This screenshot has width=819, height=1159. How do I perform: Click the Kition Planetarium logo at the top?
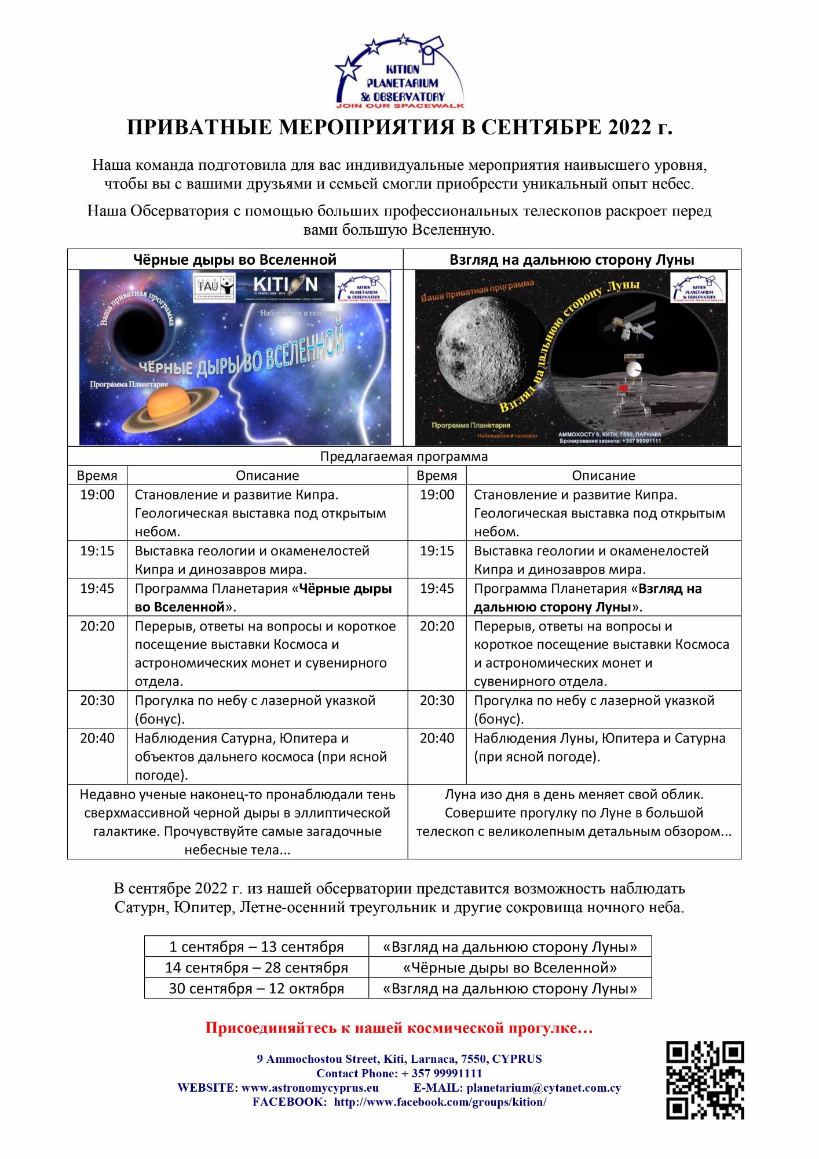coord(400,72)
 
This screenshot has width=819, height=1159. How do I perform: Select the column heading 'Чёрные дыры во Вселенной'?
coord(235,260)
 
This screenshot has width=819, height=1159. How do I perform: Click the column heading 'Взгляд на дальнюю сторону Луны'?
coord(572,260)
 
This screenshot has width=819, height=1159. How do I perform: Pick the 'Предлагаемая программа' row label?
coord(404,456)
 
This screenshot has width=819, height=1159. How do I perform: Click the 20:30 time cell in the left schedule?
coord(97,701)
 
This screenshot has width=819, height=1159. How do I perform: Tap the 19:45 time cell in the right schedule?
coord(437,589)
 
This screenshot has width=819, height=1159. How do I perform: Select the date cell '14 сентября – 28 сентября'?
coord(257,967)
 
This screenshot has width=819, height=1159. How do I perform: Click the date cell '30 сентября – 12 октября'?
coord(257,988)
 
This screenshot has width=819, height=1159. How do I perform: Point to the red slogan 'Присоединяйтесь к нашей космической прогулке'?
coord(399,1028)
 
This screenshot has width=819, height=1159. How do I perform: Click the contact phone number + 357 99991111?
coord(441,1073)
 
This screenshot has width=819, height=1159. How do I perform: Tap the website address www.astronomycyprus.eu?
coord(310,1088)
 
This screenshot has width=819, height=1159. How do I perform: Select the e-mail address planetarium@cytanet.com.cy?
coord(543,1088)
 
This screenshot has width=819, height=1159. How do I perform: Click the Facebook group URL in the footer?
coord(440,1102)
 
